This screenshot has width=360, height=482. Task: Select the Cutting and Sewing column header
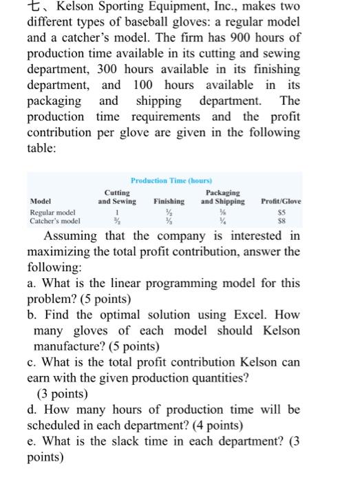pos(117,197)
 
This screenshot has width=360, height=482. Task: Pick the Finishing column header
pos(169,202)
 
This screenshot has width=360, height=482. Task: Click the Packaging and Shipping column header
pos(222,197)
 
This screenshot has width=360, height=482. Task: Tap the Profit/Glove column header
pos(282,202)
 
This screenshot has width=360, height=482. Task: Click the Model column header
pos(41,202)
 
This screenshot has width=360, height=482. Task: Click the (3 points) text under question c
pos(65,395)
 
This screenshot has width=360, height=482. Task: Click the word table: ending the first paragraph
pos(44,147)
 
